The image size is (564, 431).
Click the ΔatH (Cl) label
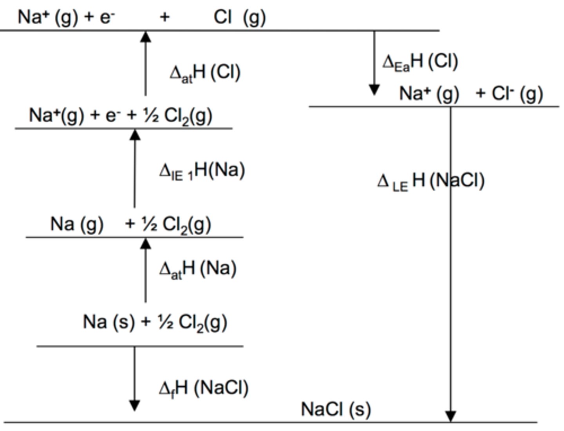click(x=205, y=72)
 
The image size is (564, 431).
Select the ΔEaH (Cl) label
click(x=420, y=62)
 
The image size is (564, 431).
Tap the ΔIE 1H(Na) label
click(x=202, y=171)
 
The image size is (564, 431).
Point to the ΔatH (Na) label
click(x=198, y=269)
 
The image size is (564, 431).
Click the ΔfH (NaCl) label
click(x=204, y=388)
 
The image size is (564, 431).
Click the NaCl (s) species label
click(x=336, y=409)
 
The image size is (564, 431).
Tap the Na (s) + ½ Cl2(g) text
click(x=155, y=322)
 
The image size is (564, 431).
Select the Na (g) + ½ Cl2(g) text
click(x=130, y=225)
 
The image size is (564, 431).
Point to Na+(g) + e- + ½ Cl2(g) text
click(x=121, y=116)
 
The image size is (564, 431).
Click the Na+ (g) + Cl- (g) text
click(x=471, y=94)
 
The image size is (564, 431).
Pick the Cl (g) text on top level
click(x=240, y=17)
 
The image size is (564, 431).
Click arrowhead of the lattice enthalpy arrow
click(x=451, y=416)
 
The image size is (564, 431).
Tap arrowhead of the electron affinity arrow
click(x=374, y=90)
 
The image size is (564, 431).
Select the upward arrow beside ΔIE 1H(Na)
click(x=135, y=168)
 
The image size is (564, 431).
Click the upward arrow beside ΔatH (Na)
click(x=146, y=270)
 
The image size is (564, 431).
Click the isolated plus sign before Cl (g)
click(x=165, y=17)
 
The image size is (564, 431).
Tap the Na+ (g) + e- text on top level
click(x=66, y=17)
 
